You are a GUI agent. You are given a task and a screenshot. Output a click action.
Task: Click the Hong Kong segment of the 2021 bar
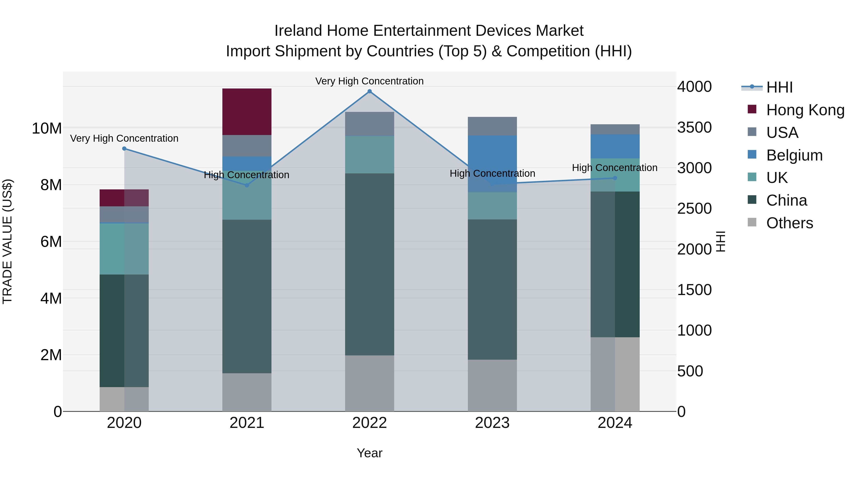[247, 112]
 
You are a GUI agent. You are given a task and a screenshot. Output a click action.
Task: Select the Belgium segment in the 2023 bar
[492, 164]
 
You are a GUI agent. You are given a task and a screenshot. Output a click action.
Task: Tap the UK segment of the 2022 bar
[369, 154]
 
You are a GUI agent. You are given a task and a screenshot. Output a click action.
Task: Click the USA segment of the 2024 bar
[615, 129]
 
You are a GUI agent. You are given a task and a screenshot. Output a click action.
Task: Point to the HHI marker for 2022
[369, 91]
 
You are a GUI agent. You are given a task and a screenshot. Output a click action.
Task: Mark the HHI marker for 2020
[124, 149]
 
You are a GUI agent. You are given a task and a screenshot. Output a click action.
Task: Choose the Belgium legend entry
[794, 155]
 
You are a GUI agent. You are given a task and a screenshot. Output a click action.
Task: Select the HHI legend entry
[779, 87]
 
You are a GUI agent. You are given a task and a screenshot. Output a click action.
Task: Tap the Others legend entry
[789, 223]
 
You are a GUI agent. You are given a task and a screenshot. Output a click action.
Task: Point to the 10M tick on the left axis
[47, 128]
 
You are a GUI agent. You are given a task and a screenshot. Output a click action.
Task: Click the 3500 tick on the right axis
[695, 127]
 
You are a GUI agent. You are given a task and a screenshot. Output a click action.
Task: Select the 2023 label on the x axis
[492, 423]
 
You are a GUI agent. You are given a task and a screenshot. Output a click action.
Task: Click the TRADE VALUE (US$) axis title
[7, 241]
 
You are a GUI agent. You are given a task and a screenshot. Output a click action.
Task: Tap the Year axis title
[369, 453]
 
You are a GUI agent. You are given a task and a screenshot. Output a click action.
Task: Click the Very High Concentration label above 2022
[369, 81]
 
